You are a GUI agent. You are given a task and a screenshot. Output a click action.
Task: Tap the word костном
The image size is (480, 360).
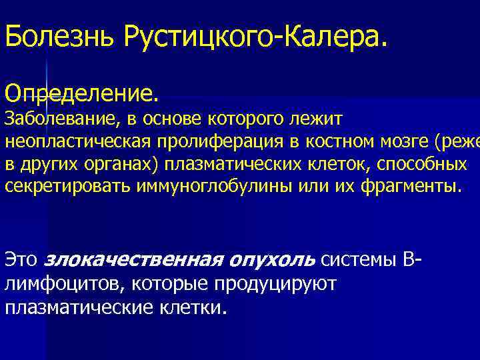point(339,143)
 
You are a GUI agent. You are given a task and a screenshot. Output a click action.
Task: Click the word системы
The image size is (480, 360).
point(359,259)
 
